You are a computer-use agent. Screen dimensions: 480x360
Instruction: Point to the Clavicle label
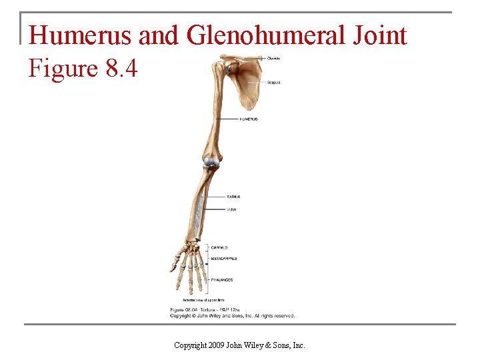coord(273,59)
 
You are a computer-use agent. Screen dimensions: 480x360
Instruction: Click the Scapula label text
coord(273,83)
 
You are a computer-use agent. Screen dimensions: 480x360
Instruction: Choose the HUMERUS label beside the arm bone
coord(248,119)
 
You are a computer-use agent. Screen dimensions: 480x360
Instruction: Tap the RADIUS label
coord(233,197)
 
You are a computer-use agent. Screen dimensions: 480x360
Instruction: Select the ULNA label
coord(231,209)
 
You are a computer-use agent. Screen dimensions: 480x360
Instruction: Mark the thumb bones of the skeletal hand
coord(174,263)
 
